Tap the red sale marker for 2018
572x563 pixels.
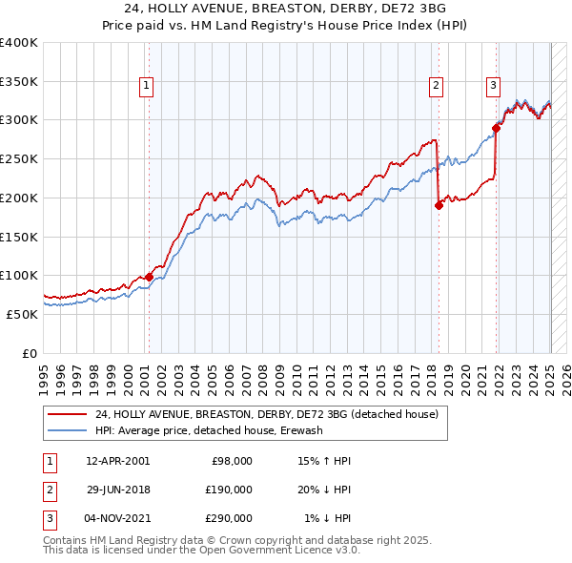tap(439, 204)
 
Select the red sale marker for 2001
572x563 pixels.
tap(149, 276)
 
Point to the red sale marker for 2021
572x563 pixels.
tap(497, 127)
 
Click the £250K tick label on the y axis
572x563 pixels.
tap(18, 158)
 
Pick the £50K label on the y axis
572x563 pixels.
tap(22, 314)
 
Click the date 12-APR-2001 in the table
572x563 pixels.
tap(117, 461)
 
